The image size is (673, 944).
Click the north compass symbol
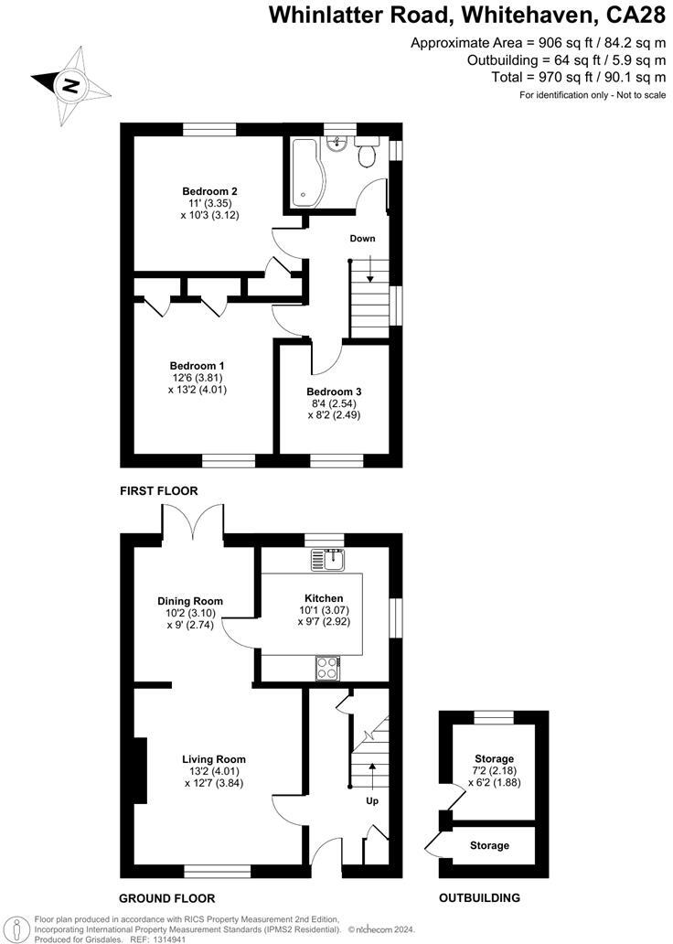(x=69, y=85)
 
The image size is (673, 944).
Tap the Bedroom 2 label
(x=203, y=191)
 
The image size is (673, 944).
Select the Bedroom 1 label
(x=196, y=366)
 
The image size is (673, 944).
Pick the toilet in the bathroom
(x=367, y=154)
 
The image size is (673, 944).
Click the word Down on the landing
(x=362, y=239)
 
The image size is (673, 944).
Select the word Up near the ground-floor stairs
(x=372, y=800)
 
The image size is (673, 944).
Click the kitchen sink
(x=327, y=558)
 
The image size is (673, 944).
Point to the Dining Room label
(x=189, y=601)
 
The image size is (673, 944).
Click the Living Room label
(x=214, y=759)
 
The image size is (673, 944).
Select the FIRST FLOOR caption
(x=159, y=491)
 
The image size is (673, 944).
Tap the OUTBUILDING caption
(x=479, y=897)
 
